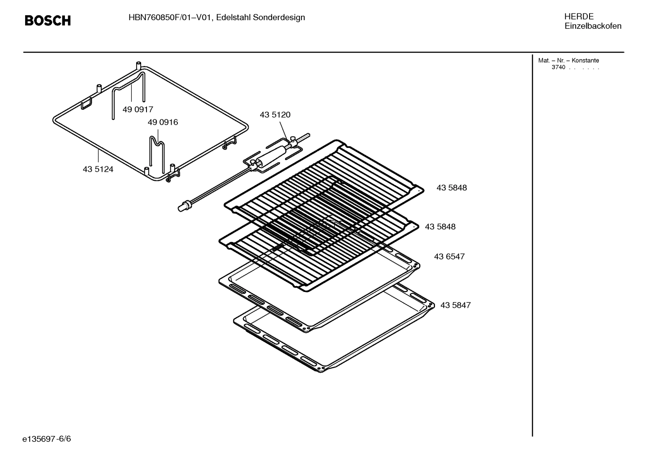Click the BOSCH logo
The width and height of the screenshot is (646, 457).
point(47,21)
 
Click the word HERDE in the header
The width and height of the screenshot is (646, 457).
point(579,17)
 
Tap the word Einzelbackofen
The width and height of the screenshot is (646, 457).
point(593,26)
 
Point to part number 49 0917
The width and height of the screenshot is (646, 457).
point(138,109)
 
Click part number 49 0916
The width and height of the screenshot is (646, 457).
point(163,122)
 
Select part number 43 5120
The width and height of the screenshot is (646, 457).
point(275,115)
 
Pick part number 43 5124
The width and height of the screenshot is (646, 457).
point(98,170)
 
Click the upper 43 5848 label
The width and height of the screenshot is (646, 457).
point(452,188)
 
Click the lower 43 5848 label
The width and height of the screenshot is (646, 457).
point(440,227)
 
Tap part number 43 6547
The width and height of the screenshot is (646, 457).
point(449,257)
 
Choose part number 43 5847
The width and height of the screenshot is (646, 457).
point(455,305)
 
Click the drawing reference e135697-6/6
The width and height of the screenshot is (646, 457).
point(47,439)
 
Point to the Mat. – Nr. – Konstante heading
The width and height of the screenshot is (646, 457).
point(568,61)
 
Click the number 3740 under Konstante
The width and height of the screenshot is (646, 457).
point(558,68)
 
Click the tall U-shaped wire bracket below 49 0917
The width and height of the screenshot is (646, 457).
point(129,90)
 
